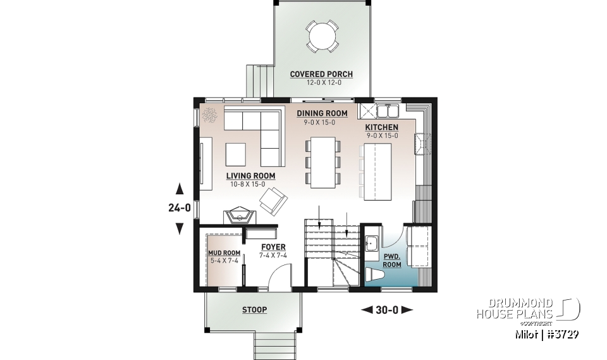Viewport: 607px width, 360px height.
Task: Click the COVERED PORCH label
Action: pos(321,74)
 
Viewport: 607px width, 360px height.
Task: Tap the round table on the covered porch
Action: pos(321,36)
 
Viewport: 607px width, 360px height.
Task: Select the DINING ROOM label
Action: pos(322,113)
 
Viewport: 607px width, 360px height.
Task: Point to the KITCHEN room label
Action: pos(382,127)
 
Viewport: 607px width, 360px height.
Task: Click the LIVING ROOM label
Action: pos(250,176)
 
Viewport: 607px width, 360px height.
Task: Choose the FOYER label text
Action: pos(273,247)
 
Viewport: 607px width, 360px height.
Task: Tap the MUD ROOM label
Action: pos(224,253)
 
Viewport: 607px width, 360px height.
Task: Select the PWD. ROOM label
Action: pos(392,260)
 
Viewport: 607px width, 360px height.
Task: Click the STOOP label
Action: pos(254,310)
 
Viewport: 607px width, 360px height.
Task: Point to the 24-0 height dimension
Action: pos(180,207)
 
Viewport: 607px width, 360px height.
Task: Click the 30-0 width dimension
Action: pos(386,309)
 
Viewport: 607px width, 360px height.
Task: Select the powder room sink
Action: pos(371,242)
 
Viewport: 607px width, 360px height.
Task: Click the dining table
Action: pos(324,163)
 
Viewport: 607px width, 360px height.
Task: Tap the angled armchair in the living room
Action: pos(273,203)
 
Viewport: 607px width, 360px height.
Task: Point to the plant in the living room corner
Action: pos(209,116)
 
